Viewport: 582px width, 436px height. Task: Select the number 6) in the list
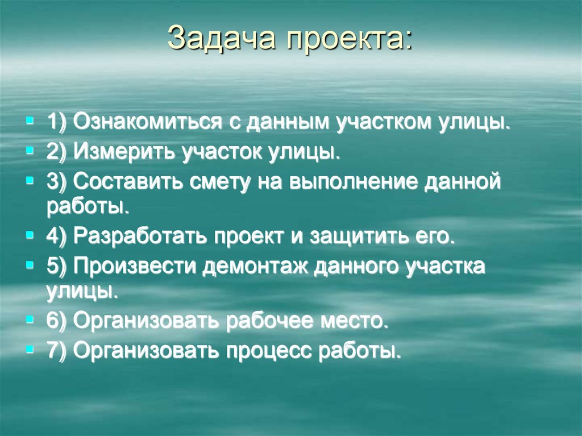57,321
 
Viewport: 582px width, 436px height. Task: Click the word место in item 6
357,321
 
